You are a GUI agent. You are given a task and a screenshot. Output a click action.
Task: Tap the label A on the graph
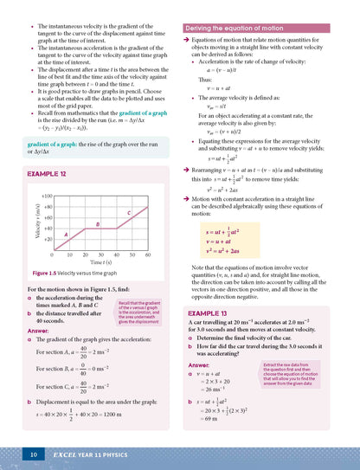67,234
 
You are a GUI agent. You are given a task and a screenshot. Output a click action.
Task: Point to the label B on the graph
98,224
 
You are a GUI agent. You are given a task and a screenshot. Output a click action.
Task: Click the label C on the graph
128,212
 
